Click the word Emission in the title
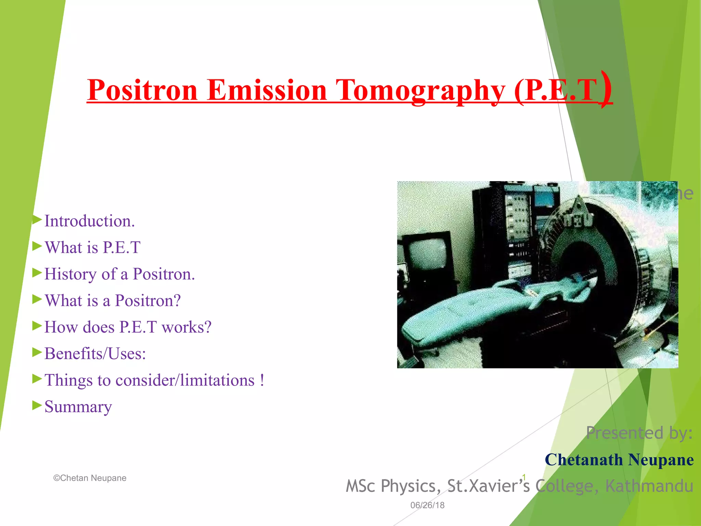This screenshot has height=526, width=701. (x=267, y=90)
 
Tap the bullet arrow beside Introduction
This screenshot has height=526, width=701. (x=37, y=220)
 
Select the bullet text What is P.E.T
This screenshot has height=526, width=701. (x=92, y=248)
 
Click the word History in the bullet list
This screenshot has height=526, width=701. (x=71, y=274)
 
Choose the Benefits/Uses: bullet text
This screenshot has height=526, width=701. (x=95, y=354)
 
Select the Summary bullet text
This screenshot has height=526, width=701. (x=78, y=407)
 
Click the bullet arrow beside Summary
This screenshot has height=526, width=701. (x=37, y=405)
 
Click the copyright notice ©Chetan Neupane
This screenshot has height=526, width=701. (x=90, y=478)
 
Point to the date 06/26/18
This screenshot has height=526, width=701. (x=427, y=505)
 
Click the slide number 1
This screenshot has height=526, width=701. (x=524, y=477)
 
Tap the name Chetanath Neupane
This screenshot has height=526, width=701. (x=619, y=460)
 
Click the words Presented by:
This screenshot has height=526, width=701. (x=639, y=433)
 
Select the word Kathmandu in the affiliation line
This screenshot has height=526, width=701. (x=649, y=486)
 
